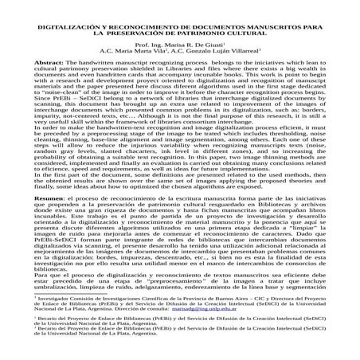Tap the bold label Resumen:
click(x=38, y=196)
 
